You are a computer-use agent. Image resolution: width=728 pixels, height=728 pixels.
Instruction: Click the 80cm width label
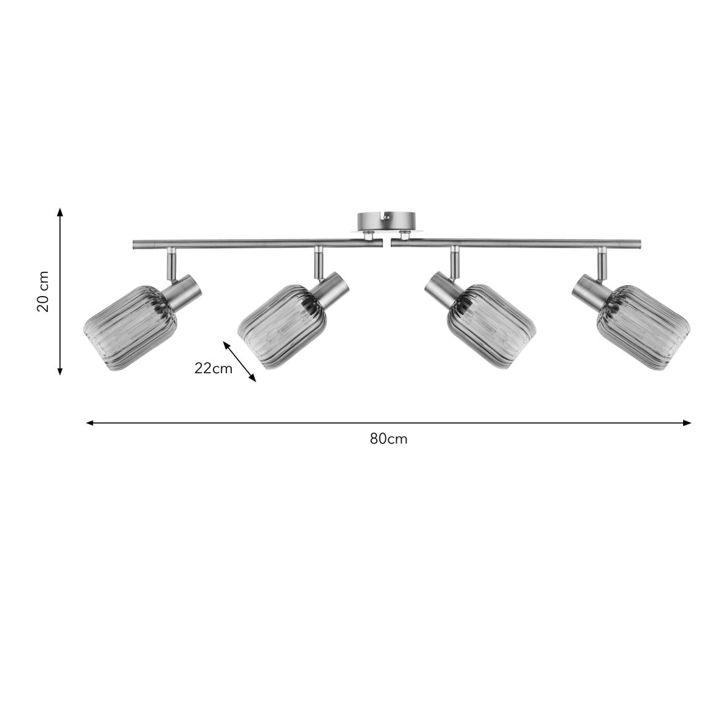click(388, 439)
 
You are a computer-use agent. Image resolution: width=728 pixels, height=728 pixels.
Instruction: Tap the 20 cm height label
click(43, 291)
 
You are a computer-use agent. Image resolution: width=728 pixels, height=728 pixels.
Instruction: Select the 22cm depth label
click(213, 368)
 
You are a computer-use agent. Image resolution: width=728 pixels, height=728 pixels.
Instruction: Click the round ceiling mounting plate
click(386, 222)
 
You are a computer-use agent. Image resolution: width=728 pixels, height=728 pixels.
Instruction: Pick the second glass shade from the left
click(282, 326)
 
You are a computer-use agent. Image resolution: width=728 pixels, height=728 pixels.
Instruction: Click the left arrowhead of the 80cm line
click(90, 423)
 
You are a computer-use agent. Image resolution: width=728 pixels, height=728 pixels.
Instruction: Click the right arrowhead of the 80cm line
click(687, 423)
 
